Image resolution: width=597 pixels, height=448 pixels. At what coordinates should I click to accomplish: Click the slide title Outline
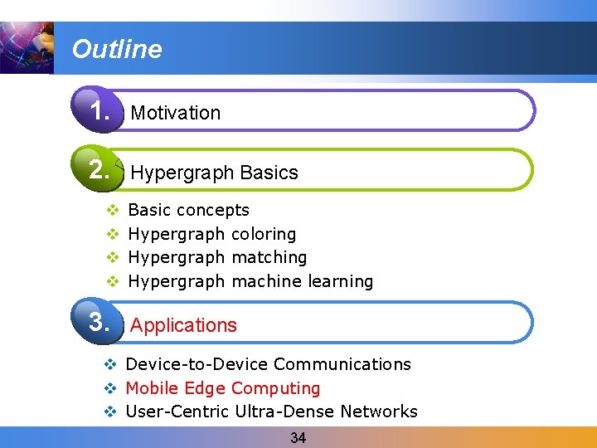117,50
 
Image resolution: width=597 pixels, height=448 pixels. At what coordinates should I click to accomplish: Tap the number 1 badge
99,110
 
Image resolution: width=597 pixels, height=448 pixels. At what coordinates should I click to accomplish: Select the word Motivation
176,113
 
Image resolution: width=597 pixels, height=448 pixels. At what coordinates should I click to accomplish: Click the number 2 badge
99,170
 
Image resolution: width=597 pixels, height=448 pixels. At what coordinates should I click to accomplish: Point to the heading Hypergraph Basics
214,173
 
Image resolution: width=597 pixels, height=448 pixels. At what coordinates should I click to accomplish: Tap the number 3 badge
99,322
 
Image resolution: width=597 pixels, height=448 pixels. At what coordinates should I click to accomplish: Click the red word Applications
183,325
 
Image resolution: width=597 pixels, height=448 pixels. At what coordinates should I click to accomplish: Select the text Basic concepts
189,210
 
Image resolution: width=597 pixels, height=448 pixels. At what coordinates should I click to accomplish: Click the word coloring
264,234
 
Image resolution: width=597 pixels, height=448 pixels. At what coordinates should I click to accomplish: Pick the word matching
269,257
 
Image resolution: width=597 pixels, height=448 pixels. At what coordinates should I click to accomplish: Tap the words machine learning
303,281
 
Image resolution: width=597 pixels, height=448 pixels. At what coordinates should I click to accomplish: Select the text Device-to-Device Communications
268,364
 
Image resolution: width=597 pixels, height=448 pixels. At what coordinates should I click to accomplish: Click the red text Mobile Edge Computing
222,388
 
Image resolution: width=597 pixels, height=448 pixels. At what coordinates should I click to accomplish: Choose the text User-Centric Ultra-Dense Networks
271,411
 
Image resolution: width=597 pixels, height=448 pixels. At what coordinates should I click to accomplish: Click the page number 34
298,438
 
